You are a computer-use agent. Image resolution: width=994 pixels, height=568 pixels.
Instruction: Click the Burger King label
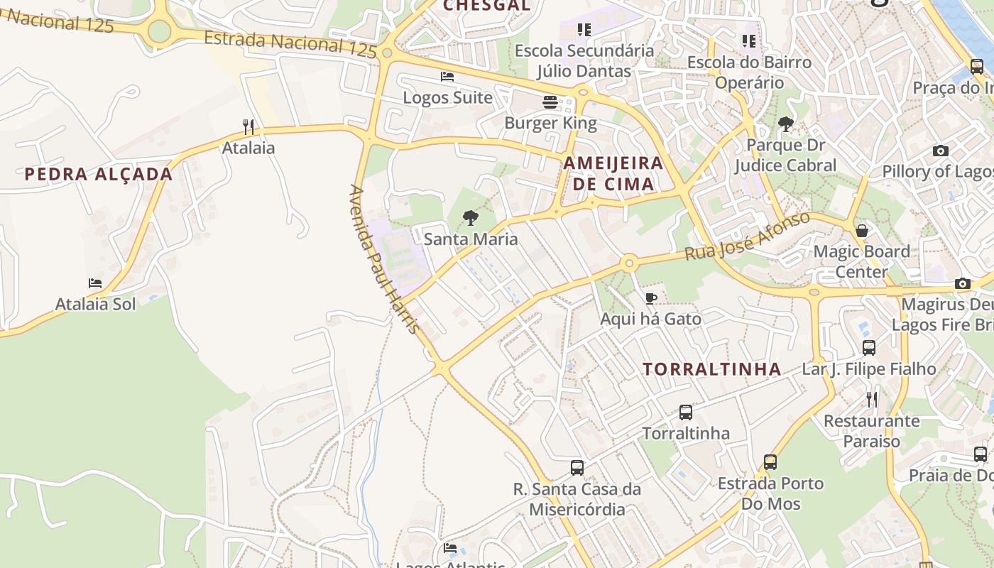tap(550, 123)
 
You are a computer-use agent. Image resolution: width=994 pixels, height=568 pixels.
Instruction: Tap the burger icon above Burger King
tap(550, 102)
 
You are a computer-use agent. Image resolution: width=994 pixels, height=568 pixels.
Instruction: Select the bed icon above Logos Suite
tap(447, 77)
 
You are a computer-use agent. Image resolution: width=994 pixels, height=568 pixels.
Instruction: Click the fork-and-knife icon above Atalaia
tap(248, 127)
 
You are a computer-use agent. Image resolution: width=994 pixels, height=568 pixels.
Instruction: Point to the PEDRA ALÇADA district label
tap(99, 175)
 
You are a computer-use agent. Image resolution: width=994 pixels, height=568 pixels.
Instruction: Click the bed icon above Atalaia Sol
tap(95, 283)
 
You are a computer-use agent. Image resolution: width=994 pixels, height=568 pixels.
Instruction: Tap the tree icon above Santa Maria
tap(470, 218)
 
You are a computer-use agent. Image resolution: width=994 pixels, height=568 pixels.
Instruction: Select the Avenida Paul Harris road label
tap(384, 261)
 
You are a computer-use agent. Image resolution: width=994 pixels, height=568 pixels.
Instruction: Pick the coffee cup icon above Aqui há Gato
tap(650, 298)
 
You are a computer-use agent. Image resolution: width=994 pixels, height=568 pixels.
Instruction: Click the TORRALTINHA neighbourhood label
tap(712, 369)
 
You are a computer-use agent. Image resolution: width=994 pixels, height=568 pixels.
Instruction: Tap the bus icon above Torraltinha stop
tap(686, 413)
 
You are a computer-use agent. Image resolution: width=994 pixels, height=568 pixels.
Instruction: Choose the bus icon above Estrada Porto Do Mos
tap(770, 462)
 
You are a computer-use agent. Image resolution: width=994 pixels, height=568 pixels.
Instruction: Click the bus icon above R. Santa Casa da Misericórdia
tap(577, 468)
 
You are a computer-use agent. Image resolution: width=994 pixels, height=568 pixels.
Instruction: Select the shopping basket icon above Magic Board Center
tap(862, 231)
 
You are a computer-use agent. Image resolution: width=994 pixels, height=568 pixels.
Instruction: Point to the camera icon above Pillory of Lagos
tap(941, 151)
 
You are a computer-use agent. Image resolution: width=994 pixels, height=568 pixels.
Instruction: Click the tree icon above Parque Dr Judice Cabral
tap(785, 124)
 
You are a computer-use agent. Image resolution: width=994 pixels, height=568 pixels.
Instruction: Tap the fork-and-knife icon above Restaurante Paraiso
tap(872, 400)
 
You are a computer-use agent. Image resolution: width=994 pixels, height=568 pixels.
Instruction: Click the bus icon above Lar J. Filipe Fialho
tap(869, 348)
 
